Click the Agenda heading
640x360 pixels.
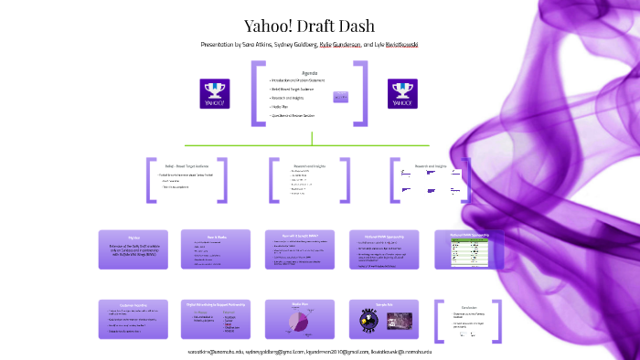click(309, 73)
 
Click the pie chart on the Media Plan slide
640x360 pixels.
click(298, 321)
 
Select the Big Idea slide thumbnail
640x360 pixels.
click(133, 249)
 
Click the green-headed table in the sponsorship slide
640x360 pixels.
click(469, 252)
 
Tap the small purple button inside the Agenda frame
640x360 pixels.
click(341, 96)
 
